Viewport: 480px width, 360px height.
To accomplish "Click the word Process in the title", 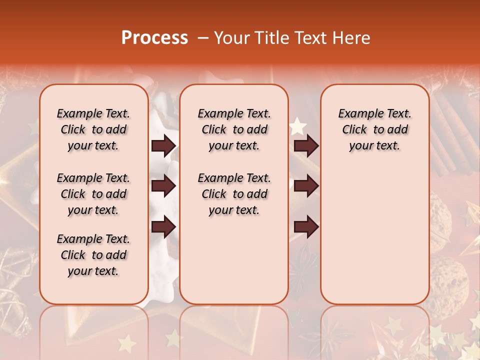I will tap(154, 38).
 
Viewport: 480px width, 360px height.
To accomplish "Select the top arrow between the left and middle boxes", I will tap(163, 146).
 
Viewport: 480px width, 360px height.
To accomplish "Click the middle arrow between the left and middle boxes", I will tap(163, 186).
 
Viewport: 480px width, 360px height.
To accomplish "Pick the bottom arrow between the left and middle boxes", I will tap(163, 226).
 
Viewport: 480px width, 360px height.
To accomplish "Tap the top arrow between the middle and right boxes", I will tap(306, 146).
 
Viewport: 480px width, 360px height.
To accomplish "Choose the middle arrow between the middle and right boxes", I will tap(306, 186).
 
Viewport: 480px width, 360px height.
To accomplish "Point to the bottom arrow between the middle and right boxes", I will tap(306, 226).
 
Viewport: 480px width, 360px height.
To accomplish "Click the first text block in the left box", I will tap(93, 129).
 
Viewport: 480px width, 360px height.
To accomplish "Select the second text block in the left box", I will tap(93, 194).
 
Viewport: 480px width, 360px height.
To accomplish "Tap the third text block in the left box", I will tap(93, 255).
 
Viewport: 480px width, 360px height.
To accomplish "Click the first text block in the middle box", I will tap(234, 129).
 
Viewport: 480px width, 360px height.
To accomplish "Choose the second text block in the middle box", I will tap(234, 194).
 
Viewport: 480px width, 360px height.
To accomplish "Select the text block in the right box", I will tap(374, 129).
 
